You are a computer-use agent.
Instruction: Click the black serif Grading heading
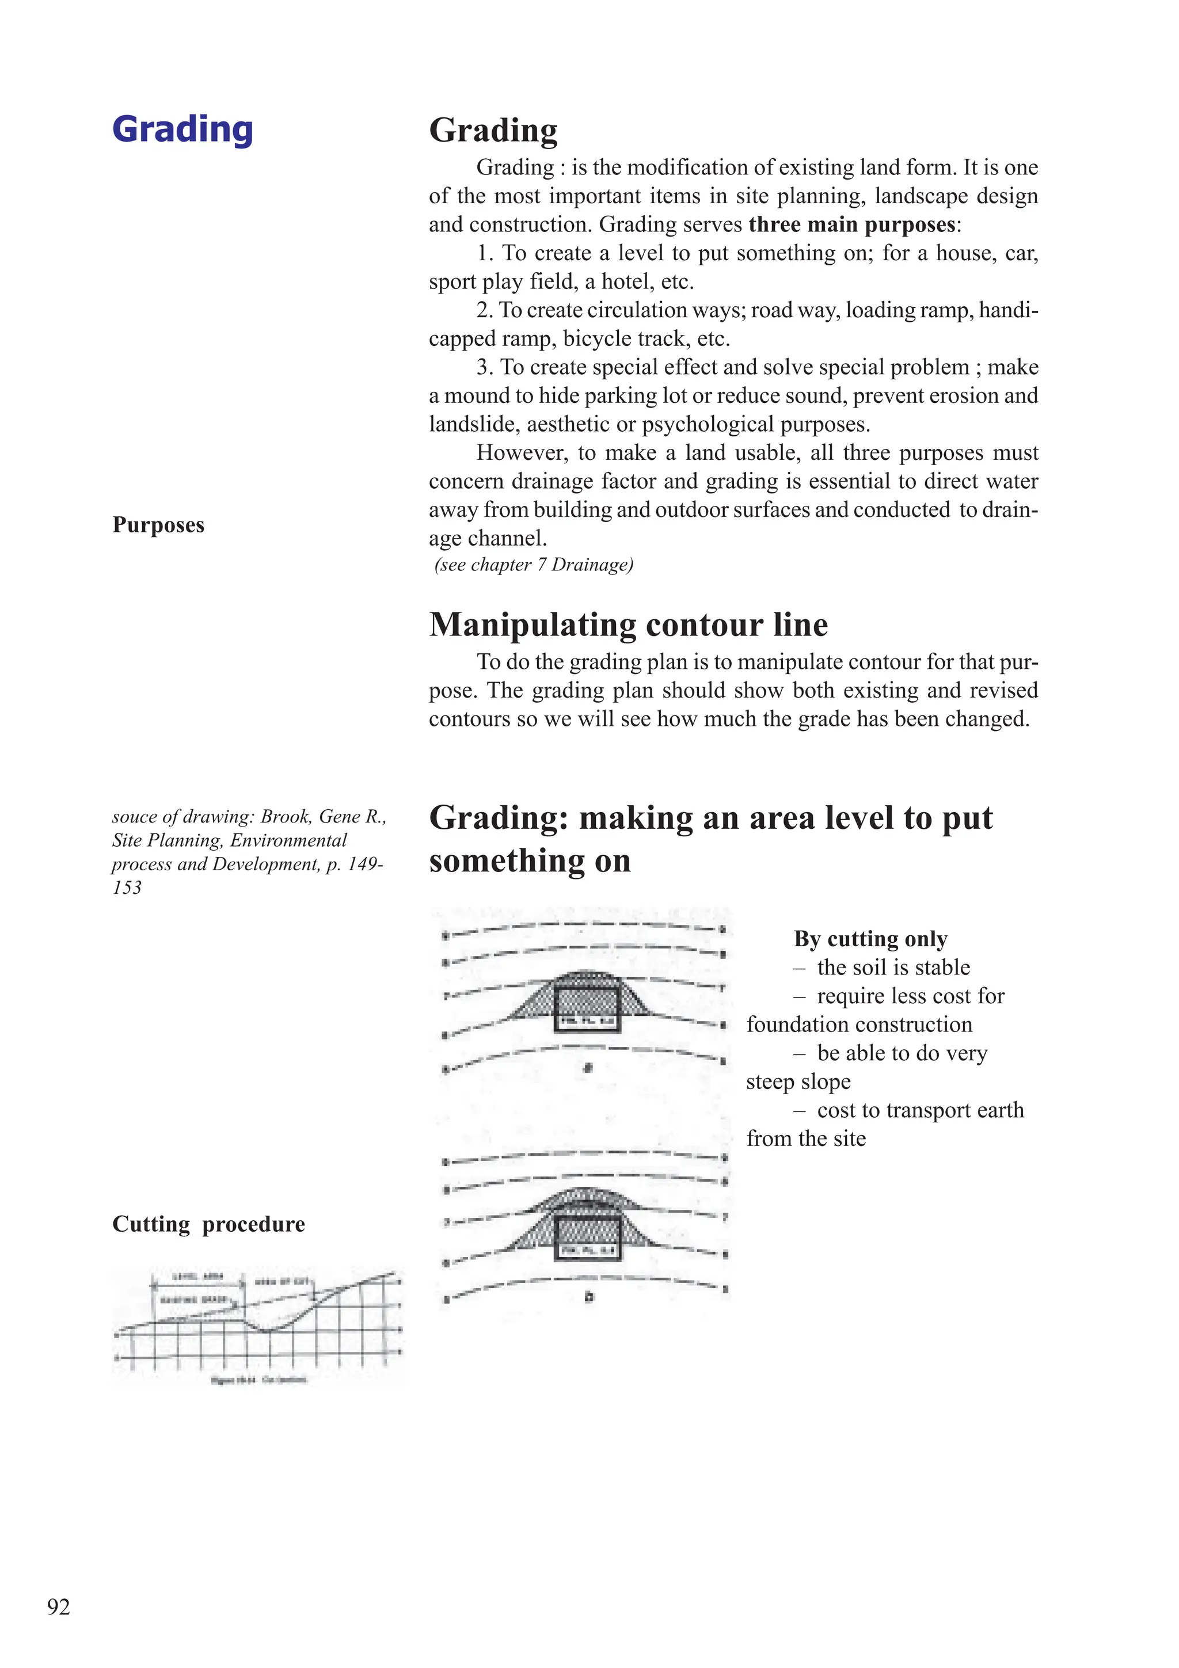(493, 131)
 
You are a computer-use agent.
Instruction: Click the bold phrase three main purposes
(851, 224)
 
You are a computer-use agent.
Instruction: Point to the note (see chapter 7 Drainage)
(534, 565)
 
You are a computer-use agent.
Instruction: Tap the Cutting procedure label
(208, 1224)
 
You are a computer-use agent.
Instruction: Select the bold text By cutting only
(870, 939)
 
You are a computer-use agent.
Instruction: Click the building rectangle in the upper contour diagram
(587, 1009)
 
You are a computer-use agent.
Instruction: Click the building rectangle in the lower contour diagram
(587, 1239)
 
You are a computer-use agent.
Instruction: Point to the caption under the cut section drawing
(258, 1380)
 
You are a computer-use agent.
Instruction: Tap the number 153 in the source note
(127, 888)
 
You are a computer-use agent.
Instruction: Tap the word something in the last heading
(530, 861)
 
